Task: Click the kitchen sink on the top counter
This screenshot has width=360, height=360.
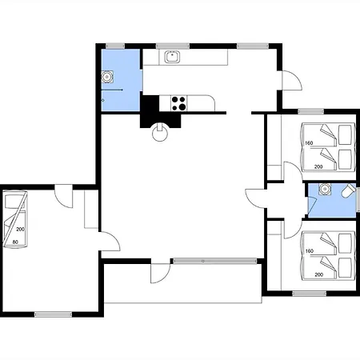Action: (172, 57)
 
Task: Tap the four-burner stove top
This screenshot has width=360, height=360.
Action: (178, 103)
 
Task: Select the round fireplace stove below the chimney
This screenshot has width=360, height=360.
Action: (160, 132)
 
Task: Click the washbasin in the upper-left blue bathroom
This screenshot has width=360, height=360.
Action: (107, 77)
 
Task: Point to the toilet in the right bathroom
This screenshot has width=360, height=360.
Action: (349, 190)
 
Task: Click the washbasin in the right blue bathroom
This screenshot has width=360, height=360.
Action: (325, 190)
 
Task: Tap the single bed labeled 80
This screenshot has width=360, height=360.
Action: (15, 219)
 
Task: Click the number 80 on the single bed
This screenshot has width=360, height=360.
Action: (15, 242)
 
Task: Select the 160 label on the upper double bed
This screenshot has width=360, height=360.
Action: (309, 143)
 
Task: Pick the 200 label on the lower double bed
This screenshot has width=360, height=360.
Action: (319, 274)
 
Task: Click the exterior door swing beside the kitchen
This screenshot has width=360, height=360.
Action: (292, 81)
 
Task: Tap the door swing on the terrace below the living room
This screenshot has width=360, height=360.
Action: (161, 274)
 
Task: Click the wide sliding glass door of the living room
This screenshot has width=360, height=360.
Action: (214, 261)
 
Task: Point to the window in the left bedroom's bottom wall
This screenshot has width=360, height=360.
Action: (54, 314)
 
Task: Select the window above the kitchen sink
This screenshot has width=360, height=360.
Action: (173, 46)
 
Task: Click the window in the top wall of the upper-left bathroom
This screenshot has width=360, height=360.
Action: (115, 46)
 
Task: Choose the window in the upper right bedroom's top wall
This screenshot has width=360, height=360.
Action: (310, 111)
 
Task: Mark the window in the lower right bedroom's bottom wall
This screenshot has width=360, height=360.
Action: (310, 294)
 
